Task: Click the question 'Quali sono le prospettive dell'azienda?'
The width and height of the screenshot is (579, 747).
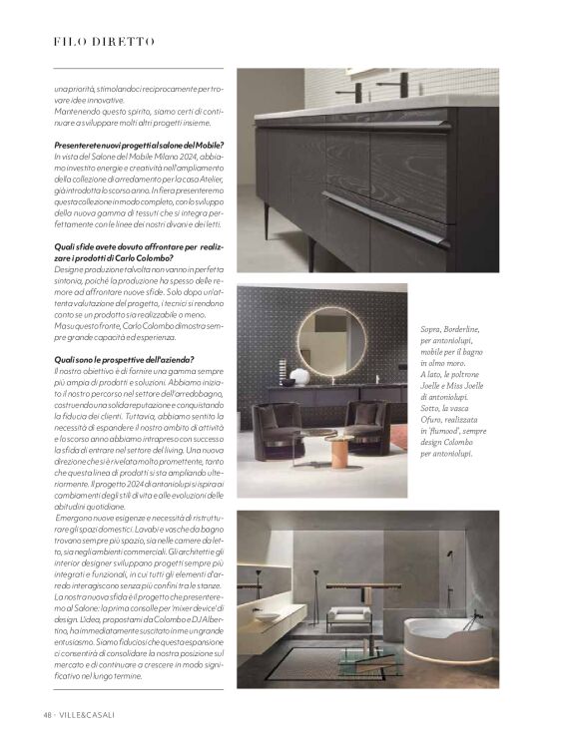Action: pyautogui.click(x=124, y=359)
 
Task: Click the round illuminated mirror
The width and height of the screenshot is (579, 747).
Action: pyautogui.click(x=326, y=341)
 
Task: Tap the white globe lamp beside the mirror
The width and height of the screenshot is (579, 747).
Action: pyautogui.click(x=297, y=376)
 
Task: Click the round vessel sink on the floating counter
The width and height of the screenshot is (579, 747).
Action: pyautogui.click(x=264, y=617)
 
